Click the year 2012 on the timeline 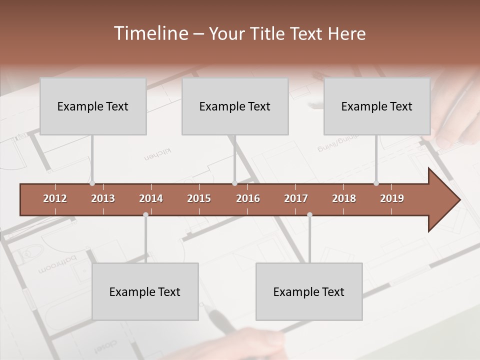tap(55, 198)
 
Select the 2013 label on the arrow tap(103, 198)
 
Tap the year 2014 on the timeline tap(151, 198)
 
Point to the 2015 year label tap(199, 198)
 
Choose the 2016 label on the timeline tap(248, 198)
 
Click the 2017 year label tap(296, 198)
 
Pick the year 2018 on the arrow tap(344, 198)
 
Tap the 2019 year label tap(392, 198)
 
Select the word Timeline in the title tap(150, 33)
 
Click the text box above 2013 tap(93, 106)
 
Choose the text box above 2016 tap(235, 106)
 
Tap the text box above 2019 tap(377, 106)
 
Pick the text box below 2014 tap(145, 291)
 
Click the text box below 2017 tap(309, 291)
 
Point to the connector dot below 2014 tap(145, 214)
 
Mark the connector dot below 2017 tap(309, 214)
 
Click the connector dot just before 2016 tap(234, 183)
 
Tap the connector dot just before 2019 tap(376, 183)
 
